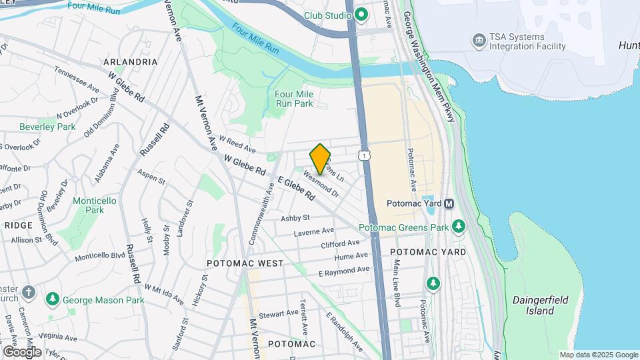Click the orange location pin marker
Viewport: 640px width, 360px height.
coord(320,159)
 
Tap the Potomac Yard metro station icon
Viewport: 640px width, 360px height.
coord(449,203)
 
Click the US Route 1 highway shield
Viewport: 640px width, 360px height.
coord(364,155)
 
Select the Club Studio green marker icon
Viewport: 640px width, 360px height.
coord(361,14)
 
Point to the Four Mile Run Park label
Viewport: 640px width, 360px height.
coord(294,99)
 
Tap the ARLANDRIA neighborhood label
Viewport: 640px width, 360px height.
coord(131,62)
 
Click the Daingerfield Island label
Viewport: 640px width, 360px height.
coord(534,306)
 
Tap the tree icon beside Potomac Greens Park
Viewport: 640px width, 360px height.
coord(459,227)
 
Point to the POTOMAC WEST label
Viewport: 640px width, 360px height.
coord(245,263)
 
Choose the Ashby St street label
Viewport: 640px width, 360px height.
coord(295,218)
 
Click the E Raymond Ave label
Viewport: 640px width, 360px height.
coord(343,271)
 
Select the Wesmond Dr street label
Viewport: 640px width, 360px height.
coord(321,185)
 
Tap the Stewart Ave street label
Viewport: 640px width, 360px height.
coord(279,313)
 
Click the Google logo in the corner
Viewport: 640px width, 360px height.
coord(22,351)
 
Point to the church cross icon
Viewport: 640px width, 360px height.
coord(28,292)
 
